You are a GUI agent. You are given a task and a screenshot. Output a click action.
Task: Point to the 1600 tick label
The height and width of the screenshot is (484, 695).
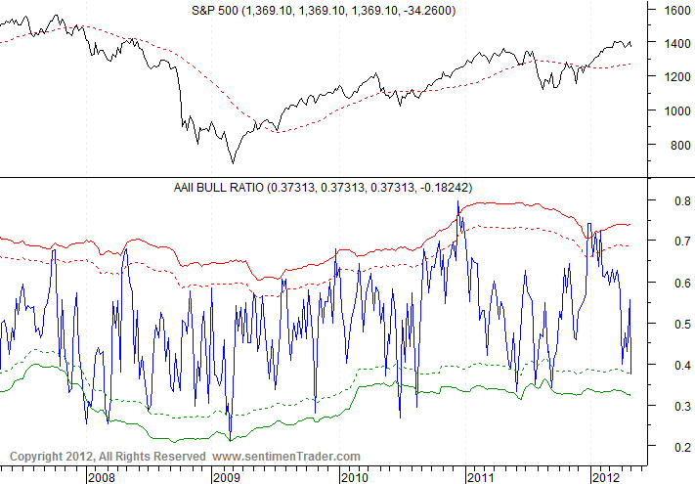[x=677, y=11]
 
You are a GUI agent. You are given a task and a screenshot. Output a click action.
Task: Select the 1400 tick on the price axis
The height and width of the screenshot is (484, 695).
[x=677, y=44]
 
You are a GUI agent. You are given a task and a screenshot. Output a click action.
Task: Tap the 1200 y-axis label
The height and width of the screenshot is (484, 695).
[x=677, y=77]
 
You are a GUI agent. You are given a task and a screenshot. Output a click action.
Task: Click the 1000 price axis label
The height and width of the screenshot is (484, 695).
[x=677, y=111]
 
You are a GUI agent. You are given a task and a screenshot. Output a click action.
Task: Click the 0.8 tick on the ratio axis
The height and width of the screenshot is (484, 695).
[x=673, y=200]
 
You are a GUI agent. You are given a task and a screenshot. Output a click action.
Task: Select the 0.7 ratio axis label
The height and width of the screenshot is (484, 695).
[x=673, y=241]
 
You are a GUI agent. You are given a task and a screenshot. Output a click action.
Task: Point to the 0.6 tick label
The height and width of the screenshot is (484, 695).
[x=673, y=283]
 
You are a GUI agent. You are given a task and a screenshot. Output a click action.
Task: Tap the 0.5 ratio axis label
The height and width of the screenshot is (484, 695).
[x=673, y=324]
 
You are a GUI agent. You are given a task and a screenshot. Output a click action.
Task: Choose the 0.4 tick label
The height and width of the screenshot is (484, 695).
[x=673, y=365]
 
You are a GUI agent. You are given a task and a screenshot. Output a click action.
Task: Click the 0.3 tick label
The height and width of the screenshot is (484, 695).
[x=673, y=406]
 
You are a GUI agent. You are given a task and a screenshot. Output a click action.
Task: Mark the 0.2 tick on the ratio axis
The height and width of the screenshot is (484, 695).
[x=673, y=447]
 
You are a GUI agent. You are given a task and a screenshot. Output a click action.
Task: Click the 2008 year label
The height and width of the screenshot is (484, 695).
[x=101, y=476]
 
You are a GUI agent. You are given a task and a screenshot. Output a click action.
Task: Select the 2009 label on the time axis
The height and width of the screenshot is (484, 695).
[x=227, y=476]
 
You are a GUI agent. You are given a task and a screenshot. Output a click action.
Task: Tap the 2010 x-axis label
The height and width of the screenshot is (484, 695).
[x=353, y=476]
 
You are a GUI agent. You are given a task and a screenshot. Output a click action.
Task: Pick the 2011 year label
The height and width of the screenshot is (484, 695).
[x=479, y=476]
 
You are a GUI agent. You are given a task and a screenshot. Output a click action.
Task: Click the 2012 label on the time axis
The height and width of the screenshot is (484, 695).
[x=605, y=476]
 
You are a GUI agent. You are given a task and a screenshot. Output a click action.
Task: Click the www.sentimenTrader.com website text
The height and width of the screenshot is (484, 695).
[x=286, y=457]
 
